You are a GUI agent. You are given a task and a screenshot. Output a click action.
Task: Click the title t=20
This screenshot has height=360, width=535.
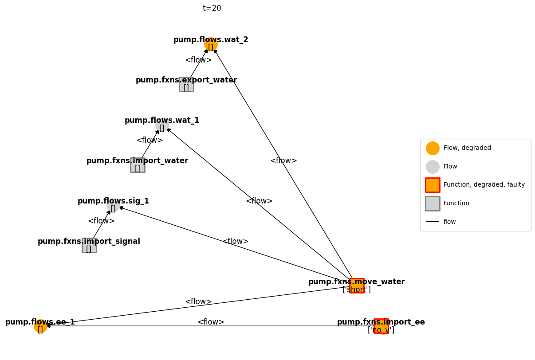click(212, 8)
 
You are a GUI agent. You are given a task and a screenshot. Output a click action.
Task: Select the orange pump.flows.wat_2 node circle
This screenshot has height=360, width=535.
click(211, 44)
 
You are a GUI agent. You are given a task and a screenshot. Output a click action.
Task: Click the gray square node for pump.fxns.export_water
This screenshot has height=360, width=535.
click(186, 84)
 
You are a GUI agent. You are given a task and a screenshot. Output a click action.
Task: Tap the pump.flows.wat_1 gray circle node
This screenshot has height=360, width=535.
click(162, 125)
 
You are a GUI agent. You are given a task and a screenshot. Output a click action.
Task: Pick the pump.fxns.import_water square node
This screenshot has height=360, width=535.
click(138, 165)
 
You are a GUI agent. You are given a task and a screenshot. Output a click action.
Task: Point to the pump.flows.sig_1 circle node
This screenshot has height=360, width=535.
click(113, 205)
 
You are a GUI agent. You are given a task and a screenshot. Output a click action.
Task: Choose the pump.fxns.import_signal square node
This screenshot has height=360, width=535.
click(89, 245)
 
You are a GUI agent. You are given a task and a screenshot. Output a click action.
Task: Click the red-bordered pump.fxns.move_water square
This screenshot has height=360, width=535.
click(357, 286)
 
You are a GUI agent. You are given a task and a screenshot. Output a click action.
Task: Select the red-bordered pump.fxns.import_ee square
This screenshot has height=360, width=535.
click(381, 326)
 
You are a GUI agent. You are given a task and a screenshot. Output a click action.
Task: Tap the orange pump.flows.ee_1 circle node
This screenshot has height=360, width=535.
click(40, 326)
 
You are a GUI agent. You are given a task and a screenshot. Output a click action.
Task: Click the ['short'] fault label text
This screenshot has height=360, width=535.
click(357, 290)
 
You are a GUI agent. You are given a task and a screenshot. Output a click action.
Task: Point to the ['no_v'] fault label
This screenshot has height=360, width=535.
click(381, 330)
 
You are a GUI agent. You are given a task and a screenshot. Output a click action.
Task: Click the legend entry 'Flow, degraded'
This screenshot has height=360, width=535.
click(467, 148)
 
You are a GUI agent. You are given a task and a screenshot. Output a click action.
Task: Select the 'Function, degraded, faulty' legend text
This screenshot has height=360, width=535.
click(484, 185)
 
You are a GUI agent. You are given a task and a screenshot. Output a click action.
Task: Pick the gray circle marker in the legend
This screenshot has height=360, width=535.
click(433, 167)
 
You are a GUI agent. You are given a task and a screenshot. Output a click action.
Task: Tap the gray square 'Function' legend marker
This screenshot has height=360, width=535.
click(433, 203)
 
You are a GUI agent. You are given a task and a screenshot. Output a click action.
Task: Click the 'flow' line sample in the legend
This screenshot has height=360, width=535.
click(433, 222)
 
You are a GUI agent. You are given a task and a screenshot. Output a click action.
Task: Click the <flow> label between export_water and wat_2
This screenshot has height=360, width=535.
click(198, 60)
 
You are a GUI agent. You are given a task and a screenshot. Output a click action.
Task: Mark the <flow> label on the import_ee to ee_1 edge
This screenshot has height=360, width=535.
click(211, 322)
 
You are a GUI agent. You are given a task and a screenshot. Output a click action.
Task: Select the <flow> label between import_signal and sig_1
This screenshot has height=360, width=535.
click(101, 221)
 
